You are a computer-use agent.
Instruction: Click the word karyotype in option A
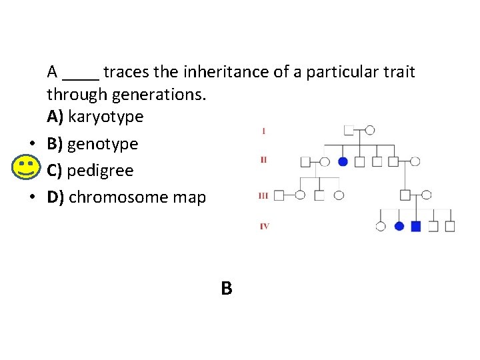click(x=105, y=117)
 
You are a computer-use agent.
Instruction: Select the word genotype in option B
click(x=103, y=144)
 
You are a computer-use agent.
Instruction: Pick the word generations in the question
click(x=158, y=94)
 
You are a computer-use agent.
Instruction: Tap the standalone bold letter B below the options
click(x=227, y=289)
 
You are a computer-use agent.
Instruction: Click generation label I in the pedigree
click(x=264, y=131)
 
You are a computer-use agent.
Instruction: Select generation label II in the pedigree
click(x=264, y=160)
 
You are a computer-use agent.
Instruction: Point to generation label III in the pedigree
click(x=263, y=195)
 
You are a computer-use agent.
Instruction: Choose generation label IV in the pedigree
click(x=264, y=227)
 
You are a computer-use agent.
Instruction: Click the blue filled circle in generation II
click(x=343, y=161)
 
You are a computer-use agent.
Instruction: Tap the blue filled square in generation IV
click(x=416, y=227)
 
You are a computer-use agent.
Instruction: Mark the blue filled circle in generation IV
click(x=399, y=227)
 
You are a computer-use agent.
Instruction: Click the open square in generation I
click(x=349, y=130)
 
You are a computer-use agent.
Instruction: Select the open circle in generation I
click(x=370, y=130)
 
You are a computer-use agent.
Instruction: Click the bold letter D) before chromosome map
click(x=55, y=197)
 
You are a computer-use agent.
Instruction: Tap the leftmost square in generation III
click(x=279, y=195)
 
